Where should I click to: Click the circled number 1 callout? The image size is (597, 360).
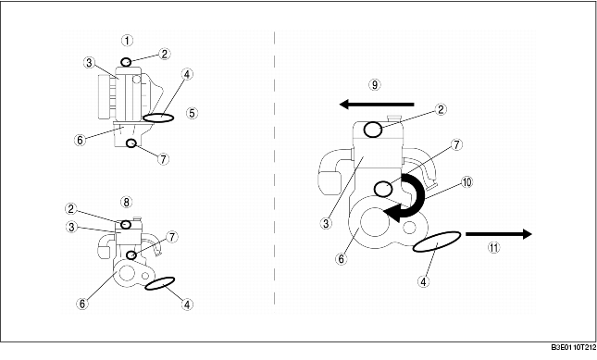coord(127,40)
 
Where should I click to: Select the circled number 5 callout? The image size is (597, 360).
coord(192,114)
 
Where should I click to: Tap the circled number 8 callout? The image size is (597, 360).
coord(127,201)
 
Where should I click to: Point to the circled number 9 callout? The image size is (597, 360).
coord(375,84)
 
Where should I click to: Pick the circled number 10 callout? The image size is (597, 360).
coord(467,182)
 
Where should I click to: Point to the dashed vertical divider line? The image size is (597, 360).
coord(276,167)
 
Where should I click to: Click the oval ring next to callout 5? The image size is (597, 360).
coord(158,118)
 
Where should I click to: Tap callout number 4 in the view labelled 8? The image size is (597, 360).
coord(188,303)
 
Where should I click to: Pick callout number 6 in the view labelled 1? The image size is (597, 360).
coord(80,140)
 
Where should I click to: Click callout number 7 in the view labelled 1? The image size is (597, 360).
coord(163,158)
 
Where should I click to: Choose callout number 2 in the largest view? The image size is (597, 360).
coord(442,109)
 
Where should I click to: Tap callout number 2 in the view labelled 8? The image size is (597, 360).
coord(71,208)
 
